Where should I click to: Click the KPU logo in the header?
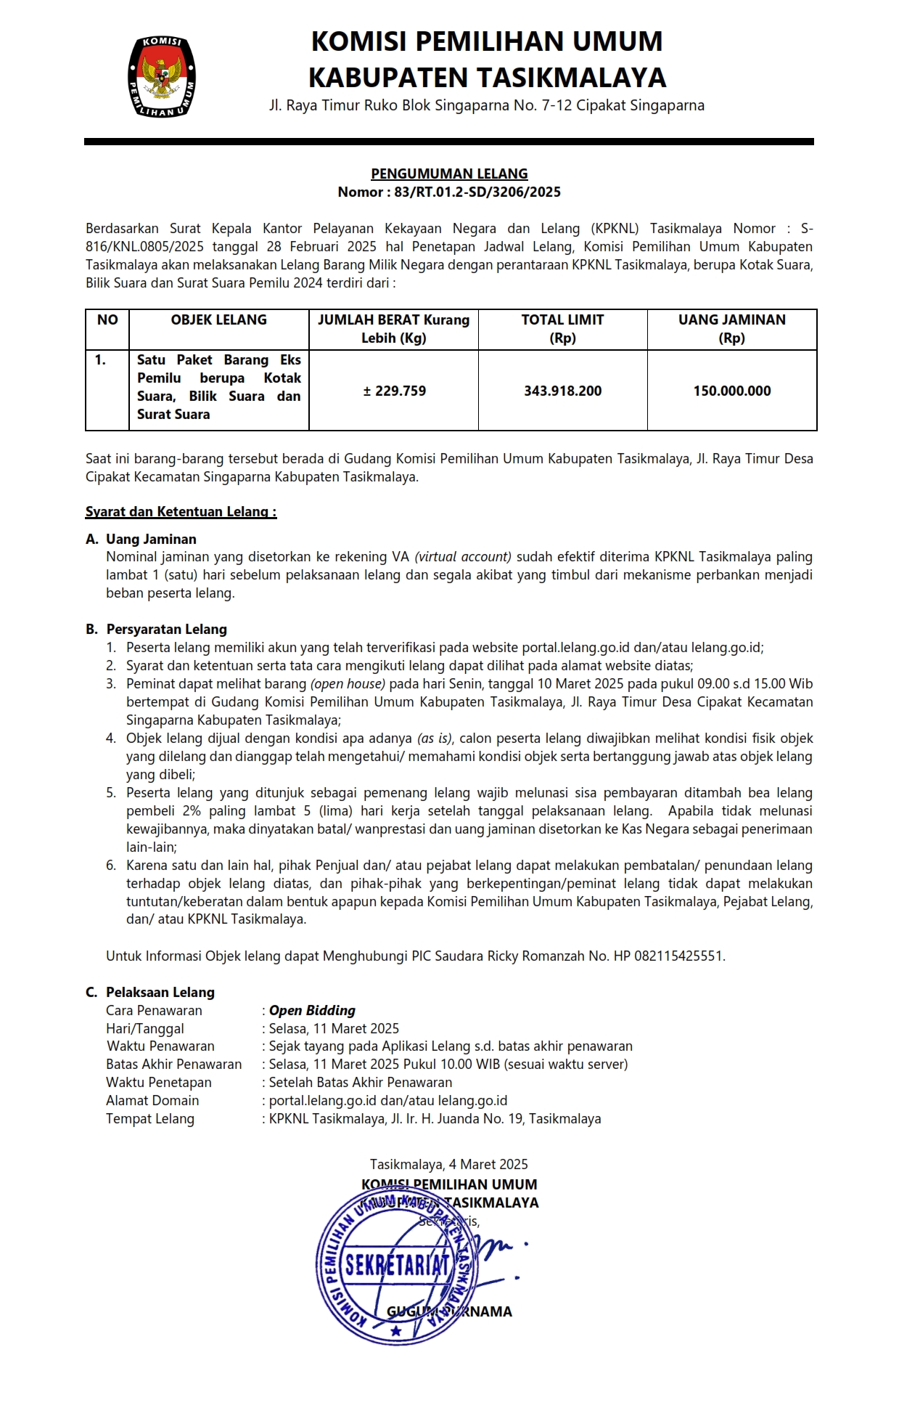[x=161, y=77]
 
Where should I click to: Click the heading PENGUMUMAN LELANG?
[x=449, y=174]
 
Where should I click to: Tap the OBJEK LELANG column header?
[x=218, y=320]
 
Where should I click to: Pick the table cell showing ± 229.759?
[x=394, y=391]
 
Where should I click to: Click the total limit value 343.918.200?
[x=562, y=391]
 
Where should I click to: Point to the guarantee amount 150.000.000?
[x=731, y=391]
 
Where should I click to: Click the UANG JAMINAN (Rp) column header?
[x=731, y=329]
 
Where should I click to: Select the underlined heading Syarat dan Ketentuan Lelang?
[x=181, y=512]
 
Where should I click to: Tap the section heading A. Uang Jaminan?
[x=141, y=540]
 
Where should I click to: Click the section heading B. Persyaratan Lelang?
[x=157, y=630]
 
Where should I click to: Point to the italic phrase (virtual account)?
[x=463, y=557]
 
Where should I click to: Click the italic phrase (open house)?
[x=348, y=684]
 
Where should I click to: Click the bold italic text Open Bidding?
[x=312, y=1011]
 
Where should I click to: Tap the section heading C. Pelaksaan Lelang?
[x=151, y=993]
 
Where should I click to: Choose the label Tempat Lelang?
[x=150, y=1119]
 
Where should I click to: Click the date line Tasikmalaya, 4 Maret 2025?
[x=449, y=1165]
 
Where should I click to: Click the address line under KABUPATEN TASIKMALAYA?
[x=486, y=106]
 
